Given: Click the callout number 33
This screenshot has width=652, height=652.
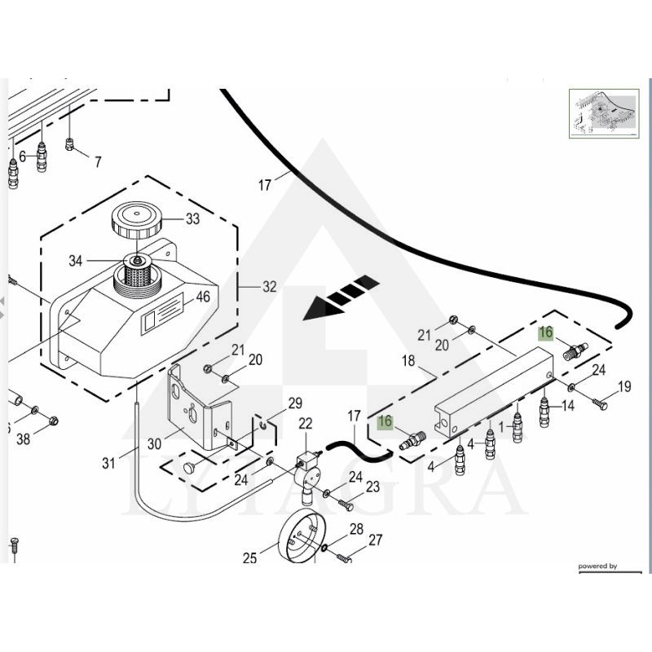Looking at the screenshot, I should coord(192,218).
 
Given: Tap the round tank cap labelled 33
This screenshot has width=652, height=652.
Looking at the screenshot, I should coord(135,221).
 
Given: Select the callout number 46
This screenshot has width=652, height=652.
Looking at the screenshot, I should coord(202,297).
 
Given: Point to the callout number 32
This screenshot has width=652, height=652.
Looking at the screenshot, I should coord(269,287).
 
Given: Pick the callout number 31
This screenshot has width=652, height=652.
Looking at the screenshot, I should coord(108,464).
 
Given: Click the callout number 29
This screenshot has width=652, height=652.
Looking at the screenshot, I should coord(294,403).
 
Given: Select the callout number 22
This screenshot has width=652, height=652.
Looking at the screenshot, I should coord(305,423).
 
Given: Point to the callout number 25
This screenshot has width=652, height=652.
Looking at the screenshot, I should coord(250,558).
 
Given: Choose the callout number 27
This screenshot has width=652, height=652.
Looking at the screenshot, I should coord(375,540).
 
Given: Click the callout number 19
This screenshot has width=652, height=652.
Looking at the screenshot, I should coord(623,386).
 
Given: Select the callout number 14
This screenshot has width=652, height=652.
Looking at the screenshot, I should coord(567,405).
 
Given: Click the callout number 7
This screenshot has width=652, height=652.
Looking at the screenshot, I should coord(98,162).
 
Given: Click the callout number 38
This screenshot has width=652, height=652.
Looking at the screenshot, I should coord(23,439).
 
